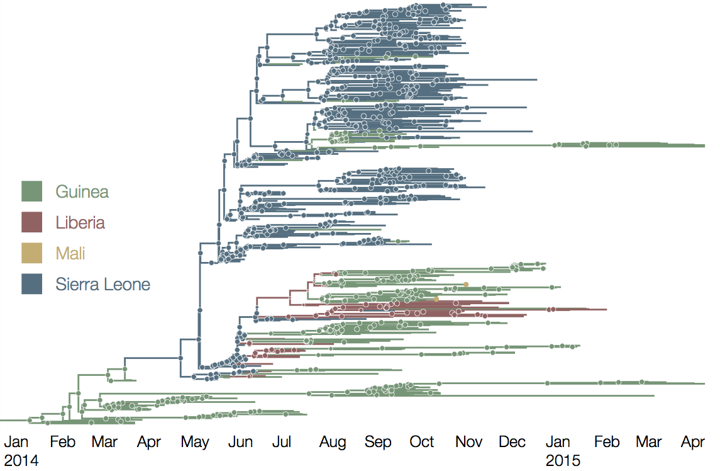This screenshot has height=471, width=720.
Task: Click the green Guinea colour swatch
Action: pos(31,191)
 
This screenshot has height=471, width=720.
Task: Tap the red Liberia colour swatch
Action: pos(31,222)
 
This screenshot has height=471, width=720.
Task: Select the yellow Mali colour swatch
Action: pos(31,253)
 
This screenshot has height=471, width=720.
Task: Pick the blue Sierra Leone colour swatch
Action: pos(31,284)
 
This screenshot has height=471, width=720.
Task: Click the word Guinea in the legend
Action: pos(82,191)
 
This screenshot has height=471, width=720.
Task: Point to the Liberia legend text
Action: pos(80,222)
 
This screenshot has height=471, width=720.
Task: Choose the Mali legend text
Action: pos(70,253)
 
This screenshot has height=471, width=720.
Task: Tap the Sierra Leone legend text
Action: pos(102,284)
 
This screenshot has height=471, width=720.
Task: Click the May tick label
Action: pos(195,442)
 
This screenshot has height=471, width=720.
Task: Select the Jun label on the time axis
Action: pos(240,442)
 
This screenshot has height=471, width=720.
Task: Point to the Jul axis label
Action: pos(281,442)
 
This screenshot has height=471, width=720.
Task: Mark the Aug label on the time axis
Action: pos(333,442)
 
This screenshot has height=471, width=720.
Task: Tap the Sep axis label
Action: pos(378,442)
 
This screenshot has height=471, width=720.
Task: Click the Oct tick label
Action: pos(422,442)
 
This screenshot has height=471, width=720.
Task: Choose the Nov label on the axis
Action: pos(468,442)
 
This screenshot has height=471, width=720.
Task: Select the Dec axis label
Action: pos(512,442)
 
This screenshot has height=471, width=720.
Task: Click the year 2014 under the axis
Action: pos(21,460)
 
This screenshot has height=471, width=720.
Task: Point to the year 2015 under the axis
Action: pos(563,460)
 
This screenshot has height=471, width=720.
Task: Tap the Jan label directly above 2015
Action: pos(558,442)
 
